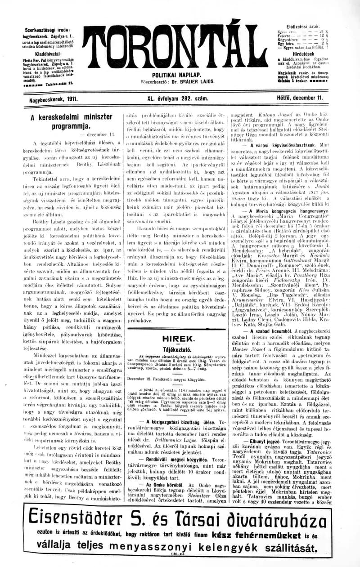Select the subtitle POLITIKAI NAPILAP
176,75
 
